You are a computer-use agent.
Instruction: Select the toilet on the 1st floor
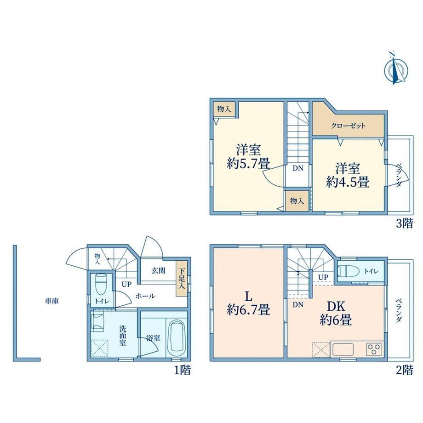[101, 285]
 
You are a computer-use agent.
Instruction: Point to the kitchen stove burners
[374, 349]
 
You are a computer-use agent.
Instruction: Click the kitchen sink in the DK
[343, 349]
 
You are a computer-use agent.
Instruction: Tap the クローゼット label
[348, 126]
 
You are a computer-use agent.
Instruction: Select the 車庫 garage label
[52, 301]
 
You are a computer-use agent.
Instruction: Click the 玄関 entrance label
[158, 270]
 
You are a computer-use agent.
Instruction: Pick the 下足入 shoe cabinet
[182, 279]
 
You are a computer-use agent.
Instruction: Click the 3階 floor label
[405, 223]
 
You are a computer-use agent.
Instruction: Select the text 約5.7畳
[248, 163]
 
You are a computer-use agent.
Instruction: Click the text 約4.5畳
[348, 182]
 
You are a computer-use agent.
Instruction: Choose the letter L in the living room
[248, 297]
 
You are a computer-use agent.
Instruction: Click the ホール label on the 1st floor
[145, 296]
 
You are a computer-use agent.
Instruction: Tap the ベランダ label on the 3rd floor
[400, 175]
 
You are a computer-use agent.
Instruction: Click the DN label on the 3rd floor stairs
[298, 168]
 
